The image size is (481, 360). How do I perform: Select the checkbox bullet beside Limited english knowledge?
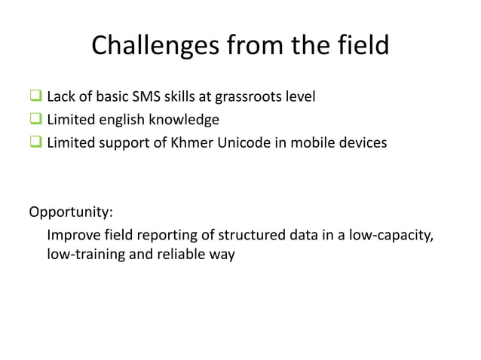coord(35,119)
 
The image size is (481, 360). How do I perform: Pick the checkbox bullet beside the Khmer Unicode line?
coord(35,142)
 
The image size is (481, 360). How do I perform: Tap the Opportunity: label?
coord(70,210)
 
